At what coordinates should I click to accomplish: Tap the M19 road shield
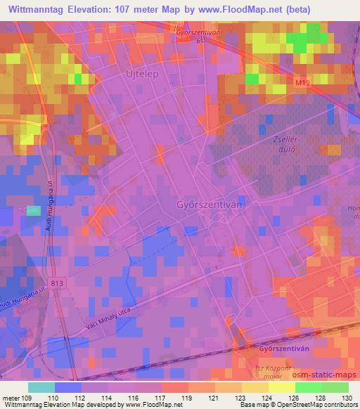[302, 83]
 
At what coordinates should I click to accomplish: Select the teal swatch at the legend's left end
[41, 387]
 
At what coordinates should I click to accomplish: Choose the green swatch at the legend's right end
[335, 387]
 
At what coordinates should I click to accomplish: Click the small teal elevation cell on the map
[33, 210]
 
